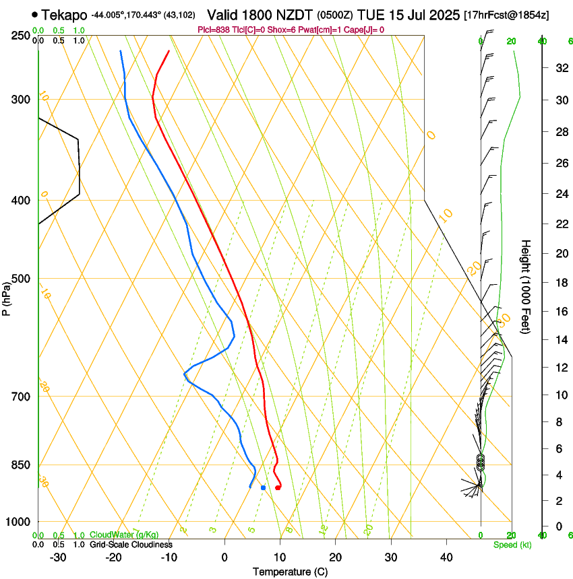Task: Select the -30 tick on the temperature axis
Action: click(58, 557)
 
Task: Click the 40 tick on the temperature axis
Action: click(446, 557)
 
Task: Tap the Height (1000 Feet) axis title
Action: click(526, 286)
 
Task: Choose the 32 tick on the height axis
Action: click(561, 68)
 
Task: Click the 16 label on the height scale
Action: click(561, 312)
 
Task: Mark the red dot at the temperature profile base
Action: click(278, 487)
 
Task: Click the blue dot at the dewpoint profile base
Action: click(263, 487)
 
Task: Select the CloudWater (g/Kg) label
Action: click(123, 535)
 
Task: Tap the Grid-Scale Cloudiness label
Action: click(131, 545)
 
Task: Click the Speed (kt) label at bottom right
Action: click(511, 545)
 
